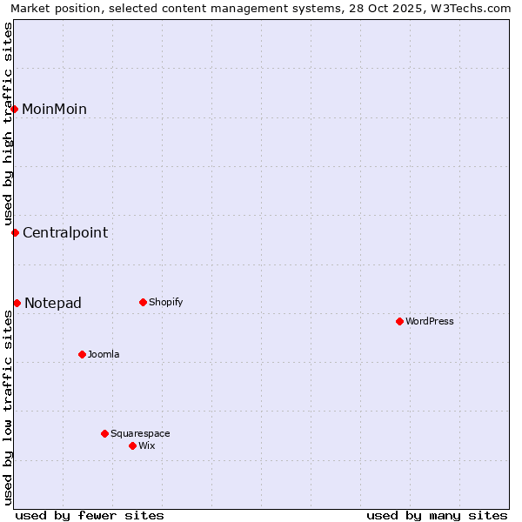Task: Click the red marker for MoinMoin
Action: click(x=15, y=109)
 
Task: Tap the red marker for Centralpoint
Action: click(x=15, y=232)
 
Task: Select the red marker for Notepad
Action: click(x=17, y=303)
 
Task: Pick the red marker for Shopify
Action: click(x=143, y=302)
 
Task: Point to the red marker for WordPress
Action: click(x=399, y=321)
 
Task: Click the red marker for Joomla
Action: click(x=82, y=354)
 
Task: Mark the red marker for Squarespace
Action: click(x=104, y=433)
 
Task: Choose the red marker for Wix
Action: click(x=132, y=445)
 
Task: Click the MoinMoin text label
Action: click(x=54, y=109)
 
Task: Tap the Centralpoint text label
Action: click(x=65, y=232)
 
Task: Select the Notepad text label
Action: click(x=53, y=303)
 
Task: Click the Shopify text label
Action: click(x=165, y=302)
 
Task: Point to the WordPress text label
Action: click(x=430, y=321)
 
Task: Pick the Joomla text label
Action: click(x=104, y=354)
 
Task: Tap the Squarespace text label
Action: click(x=140, y=433)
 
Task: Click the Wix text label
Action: click(x=146, y=445)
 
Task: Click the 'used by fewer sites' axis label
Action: click(x=90, y=515)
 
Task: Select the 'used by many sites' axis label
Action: click(x=437, y=515)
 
